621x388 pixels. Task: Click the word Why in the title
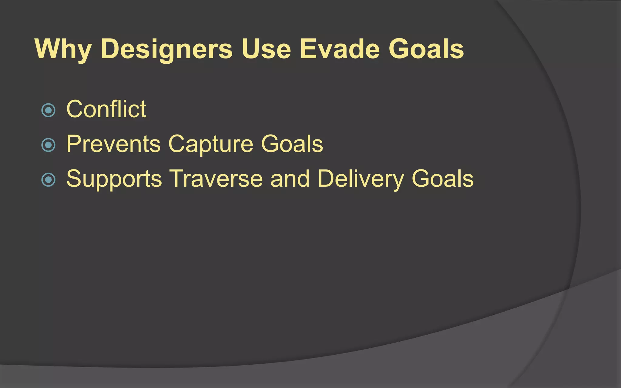(x=63, y=49)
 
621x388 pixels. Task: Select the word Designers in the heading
(x=166, y=49)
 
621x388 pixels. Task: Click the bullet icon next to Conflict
(x=48, y=110)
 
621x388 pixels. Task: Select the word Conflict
(x=106, y=109)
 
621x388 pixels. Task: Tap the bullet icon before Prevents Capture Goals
(x=48, y=145)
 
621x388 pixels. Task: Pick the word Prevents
(x=113, y=144)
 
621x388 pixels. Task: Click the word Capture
(x=210, y=144)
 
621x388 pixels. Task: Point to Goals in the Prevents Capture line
(x=292, y=144)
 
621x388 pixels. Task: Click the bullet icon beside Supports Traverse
(x=48, y=180)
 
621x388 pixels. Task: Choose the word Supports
(x=114, y=179)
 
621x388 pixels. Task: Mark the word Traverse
(x=216, y=179)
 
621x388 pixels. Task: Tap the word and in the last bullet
(x=290, y=179)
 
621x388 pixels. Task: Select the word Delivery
(x=361, y=179)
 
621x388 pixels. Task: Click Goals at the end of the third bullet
(x=442, y=179)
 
